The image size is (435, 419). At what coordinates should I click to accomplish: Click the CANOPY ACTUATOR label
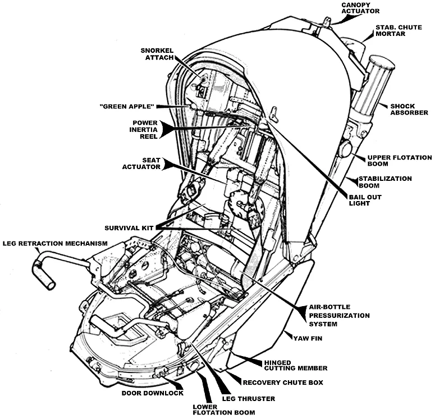point(361,7)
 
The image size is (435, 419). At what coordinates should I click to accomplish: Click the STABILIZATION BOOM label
point(393,182)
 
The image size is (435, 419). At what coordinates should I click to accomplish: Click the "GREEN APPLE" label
point(128,106)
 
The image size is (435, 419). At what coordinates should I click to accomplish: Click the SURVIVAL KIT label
point(129,228)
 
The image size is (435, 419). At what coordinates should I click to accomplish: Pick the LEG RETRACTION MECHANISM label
point(55,243)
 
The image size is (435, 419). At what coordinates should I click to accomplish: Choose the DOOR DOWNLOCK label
point(153,393)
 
